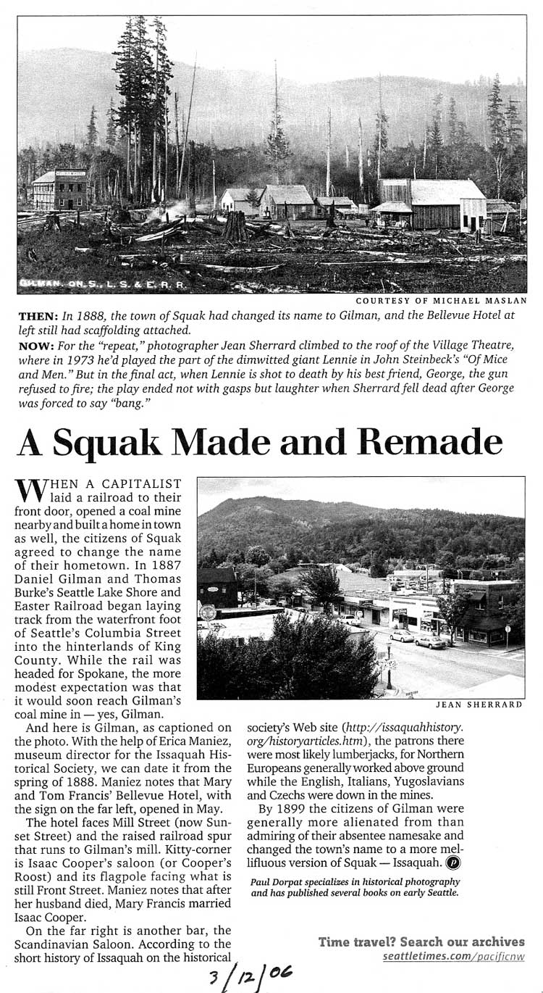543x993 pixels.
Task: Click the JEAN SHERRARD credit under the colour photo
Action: (x=479, y=704)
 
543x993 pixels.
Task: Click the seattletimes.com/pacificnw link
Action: (x=454, y=957)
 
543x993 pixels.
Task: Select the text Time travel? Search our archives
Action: (x=421, y=942)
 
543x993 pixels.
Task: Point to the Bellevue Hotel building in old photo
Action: (x=60, y=189)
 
